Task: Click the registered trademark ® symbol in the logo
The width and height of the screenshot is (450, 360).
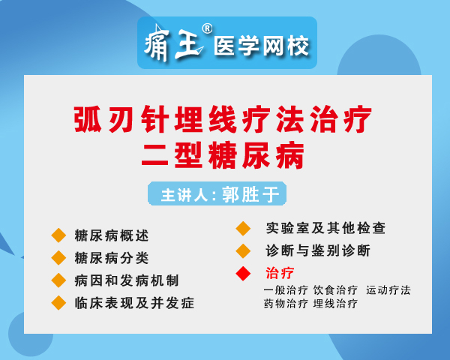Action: click(207, 28)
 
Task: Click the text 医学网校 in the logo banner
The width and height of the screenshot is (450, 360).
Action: click(261, 46)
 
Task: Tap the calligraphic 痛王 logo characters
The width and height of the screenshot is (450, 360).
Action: click(174, 43)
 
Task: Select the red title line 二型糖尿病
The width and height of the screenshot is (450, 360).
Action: click(223, 155)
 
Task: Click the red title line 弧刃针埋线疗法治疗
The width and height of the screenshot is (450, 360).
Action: click(223, 119)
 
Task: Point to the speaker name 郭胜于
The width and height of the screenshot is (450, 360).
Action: click(250, 194)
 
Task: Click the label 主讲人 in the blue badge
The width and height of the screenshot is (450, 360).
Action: click(184, 195)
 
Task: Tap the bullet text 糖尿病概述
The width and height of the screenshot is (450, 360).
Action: click(111, 235)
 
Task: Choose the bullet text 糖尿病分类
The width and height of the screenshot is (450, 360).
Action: click(111, 257)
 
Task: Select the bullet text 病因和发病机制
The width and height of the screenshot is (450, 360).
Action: click(127, 280)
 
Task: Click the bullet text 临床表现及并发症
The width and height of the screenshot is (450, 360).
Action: click(134, 303)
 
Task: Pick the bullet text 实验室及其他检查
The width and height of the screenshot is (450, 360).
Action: click(325, 228)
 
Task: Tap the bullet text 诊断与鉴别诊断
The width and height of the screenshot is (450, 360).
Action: click(318, 250)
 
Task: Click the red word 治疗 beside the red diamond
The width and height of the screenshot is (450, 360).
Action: click(280, 273)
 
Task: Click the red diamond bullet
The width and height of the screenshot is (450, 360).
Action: click(243, 273)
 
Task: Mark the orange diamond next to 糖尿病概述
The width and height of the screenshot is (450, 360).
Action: click(58, 235)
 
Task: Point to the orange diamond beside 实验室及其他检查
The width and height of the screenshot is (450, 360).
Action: click(243, 229)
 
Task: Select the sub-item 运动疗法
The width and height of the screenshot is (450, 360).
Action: click(388, 290)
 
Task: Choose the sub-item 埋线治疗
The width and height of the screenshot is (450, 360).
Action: click(335, 304)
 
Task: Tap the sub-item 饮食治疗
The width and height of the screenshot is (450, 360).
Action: click(335, 290)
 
